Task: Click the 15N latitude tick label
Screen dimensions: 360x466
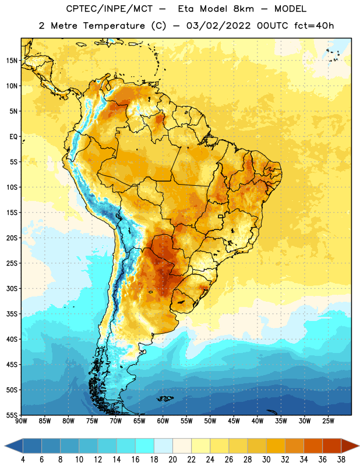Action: coord(12,61)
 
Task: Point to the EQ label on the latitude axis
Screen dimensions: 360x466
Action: coord(13,137)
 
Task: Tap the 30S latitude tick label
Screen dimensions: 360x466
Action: coord(12,288)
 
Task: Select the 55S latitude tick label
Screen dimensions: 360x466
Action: coord(12,415)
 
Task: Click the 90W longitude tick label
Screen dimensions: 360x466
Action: coord(21,421)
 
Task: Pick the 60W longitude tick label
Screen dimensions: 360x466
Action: coord(163,421)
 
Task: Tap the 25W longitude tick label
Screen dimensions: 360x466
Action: coord(328,421)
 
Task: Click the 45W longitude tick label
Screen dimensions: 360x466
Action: coord(234,421)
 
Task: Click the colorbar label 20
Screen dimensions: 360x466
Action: coord(172,460)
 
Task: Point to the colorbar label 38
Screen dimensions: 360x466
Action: coord(341,460)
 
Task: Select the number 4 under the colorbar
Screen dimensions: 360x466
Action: coord(23,460)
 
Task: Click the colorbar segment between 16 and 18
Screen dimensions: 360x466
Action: coord(145,446)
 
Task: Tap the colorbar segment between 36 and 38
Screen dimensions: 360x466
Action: coord(332,446)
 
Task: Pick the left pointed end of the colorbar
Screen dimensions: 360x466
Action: coord(5,446)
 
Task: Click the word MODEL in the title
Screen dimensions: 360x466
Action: coord(290,9)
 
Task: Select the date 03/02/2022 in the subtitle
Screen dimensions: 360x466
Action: coord(218,26)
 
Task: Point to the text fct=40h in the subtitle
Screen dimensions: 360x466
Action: coord(314,26)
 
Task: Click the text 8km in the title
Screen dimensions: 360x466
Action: coord(243,9)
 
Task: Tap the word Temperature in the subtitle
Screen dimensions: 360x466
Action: coord(114,26)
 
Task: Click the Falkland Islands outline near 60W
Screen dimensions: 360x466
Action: coord(165,398)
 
